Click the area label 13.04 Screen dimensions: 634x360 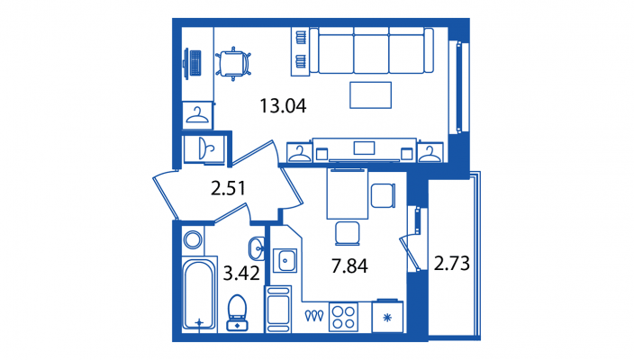283,106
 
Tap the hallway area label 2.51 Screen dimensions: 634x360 229,188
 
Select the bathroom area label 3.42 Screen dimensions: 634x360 241,274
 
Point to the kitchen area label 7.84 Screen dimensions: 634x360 349,266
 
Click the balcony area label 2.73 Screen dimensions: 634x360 452,263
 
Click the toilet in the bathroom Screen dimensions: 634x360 238,312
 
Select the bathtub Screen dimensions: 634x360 199,295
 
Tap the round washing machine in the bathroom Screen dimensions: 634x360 193,239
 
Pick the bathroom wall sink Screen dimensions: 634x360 257,248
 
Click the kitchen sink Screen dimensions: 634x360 285,261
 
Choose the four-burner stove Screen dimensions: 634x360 343,317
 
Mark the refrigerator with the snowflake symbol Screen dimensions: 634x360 387,317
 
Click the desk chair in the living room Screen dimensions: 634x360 233,63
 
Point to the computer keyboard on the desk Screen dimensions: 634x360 195,63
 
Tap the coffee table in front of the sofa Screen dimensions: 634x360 370,94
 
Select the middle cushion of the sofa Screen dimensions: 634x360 371,50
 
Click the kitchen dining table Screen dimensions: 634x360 348,194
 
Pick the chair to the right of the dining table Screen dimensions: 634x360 383,195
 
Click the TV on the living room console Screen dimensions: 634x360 364,148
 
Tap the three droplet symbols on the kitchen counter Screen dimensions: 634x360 314,316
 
